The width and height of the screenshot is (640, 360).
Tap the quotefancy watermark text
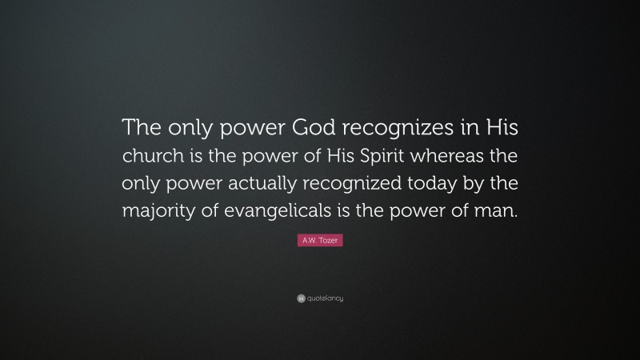(x=324, y=298)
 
